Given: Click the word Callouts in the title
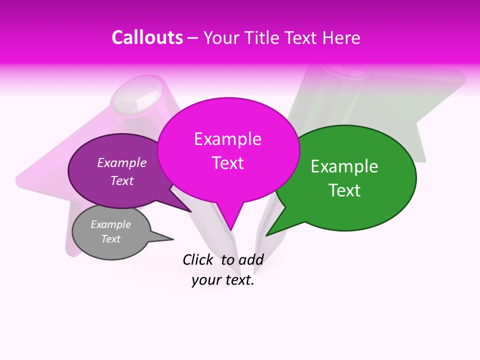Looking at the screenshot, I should pos(147,37).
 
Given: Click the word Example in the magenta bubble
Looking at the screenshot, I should pos(227,139).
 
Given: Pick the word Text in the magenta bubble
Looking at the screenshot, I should pos(227,163).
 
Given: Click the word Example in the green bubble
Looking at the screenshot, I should pos(344,166).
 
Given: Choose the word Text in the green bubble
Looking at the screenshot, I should pos(344,190).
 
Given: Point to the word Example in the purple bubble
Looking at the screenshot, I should pos(121,163).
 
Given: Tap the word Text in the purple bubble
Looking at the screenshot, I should pos(121,181).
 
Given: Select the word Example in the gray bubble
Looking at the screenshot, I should pos(110,225).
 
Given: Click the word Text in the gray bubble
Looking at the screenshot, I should pos(110,239).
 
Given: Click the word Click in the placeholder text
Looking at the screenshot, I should pos(197,259).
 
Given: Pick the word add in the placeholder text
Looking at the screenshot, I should pos(250,259).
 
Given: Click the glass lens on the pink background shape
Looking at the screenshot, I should pos(136,99).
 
